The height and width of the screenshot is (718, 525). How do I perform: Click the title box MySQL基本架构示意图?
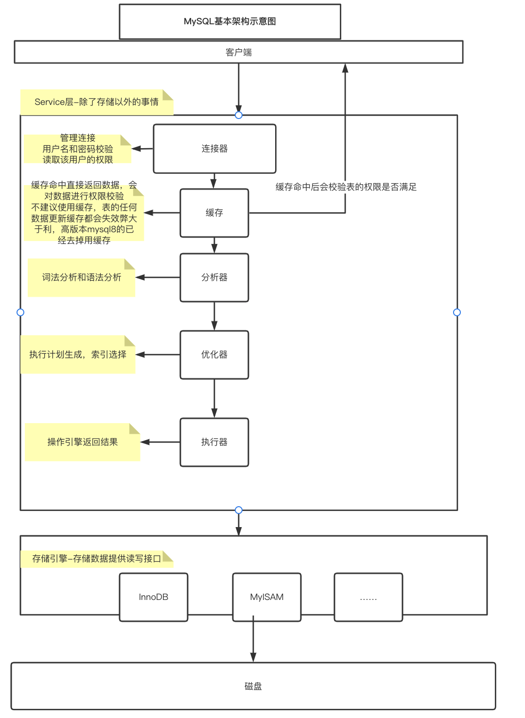click(x=230, y=21)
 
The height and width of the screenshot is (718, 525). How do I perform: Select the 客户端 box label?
click(x=239, y=52)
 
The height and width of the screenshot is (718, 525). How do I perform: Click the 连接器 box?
click(x=214, y=149)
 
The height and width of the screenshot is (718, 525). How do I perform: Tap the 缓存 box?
click(x=214, y=213)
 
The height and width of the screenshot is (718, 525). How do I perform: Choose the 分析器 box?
click(x=214, y=277)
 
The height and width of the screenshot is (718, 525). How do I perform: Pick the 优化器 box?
click(x=214, y=355)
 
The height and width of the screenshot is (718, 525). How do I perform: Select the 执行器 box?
click(x=214, y=442)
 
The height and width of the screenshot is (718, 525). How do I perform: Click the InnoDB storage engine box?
click(x=154, y=597)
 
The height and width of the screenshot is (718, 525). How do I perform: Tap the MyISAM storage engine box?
click(x=267, y=597)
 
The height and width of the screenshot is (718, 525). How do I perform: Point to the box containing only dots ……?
click(x=368, y=597)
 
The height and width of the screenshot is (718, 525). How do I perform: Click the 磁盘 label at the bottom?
click(x=253, y=686)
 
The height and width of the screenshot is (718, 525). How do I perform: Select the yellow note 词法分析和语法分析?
click(x=81, y=277)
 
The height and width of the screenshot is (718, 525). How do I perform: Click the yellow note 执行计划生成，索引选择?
click(x=78, y=355)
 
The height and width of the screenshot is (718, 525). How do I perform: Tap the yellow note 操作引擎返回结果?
click(x=83, y=442)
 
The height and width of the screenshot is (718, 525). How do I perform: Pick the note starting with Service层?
click(x=96, y=102)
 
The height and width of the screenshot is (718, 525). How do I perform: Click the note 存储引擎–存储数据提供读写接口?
click(x=96, y=559)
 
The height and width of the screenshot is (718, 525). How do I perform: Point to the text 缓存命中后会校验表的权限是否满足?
click(x=346, y=187)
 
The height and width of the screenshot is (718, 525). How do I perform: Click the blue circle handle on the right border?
click(x=457, y=312)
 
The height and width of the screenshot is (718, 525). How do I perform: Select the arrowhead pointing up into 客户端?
click(x=345, y=68)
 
